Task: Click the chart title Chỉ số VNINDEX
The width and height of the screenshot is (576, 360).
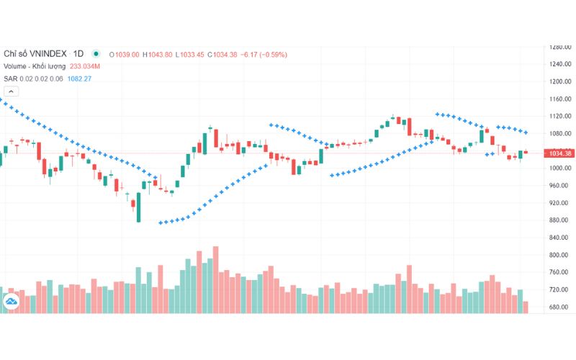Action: (x=37, y=54)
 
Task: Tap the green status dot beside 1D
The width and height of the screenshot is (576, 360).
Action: (x=96, y=53)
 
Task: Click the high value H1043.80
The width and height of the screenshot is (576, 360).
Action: (x=158, y=54)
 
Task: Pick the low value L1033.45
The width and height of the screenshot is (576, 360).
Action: (x=191, y=54)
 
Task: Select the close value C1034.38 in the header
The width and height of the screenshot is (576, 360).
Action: (x=223, y=54)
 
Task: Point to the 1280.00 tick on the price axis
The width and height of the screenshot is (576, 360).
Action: (x=559, y=47)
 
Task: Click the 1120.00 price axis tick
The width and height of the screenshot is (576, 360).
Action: (x=559, y=116)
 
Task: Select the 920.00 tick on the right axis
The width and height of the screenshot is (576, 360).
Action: (x=559, y=203)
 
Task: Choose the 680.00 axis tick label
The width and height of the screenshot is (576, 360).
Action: (x=559, y=307)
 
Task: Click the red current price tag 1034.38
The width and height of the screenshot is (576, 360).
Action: (x=559, y=153)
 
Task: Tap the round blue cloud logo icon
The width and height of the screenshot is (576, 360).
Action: (x=12, y=302)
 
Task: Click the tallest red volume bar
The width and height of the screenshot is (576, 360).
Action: (x=215, y=279)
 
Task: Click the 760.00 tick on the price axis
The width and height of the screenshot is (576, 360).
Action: (x=559, y=272)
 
